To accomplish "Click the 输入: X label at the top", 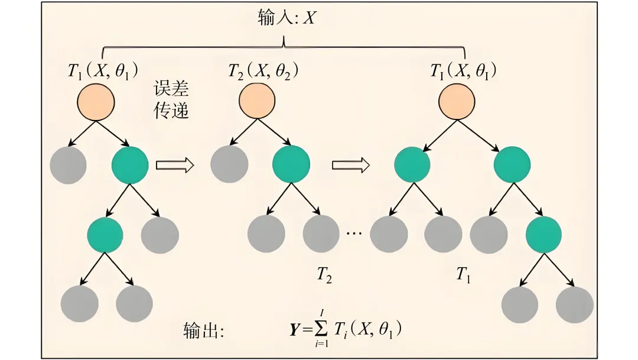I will pyautogui.click(x=287, y=18).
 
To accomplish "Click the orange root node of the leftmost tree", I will pyautogui.click(x=96, y=100).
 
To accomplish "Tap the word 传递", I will pyautogui.click(x=171, y=111).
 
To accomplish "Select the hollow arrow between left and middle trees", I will pyautogui.click(x=175, y=165).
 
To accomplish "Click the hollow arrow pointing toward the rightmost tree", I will pyautogui.click(x=351, y=165).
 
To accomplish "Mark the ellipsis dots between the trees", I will pyautogui.click(x=354, y=233).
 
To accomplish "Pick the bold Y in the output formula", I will pyautogui.click(x=295, y=330).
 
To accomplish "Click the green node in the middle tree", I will pyautogui.click(x=291, y=164).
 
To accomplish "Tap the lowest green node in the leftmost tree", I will pyautogui.click(x=105, y=234).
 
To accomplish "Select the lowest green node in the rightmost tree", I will pyautogui.click(x=543, y=234).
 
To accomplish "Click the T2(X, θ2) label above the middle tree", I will pyautogui.click(x=263, y=72).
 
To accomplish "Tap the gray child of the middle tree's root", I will pyautogui.click(x=229, y=164).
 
